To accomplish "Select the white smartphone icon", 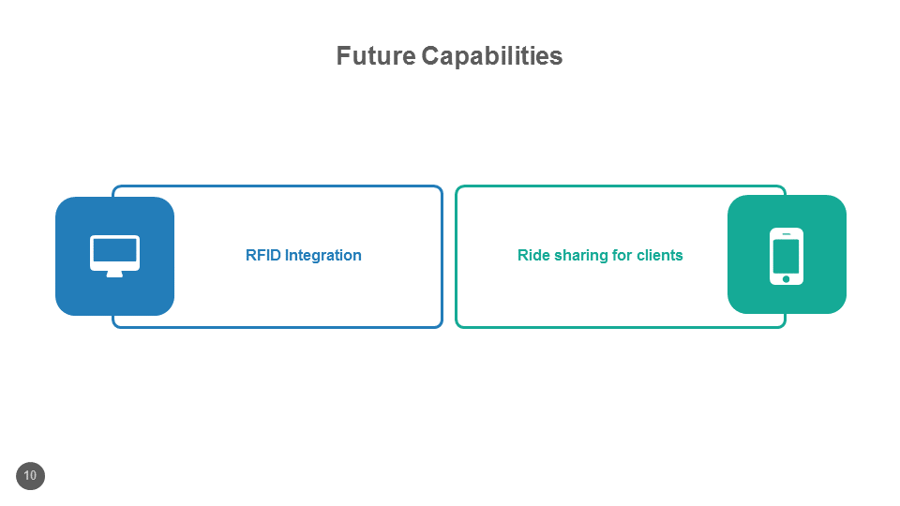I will (x=786, y=255).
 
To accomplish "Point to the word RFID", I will (x=262, y=255).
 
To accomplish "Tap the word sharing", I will (x=581, y=256).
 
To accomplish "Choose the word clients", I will (x=660, y=255).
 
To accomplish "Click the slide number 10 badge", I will (x=30, y=476).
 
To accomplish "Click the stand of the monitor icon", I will (x=114, y=274).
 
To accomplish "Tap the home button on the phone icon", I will (x=786, y=278).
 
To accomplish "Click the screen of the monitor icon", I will (x=114, y=251).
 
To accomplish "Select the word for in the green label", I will (x=622, y=255).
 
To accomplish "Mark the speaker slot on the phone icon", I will (x=786, y=233).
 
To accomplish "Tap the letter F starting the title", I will (x=343, y=56).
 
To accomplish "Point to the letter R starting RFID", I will (x=250, y=255).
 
